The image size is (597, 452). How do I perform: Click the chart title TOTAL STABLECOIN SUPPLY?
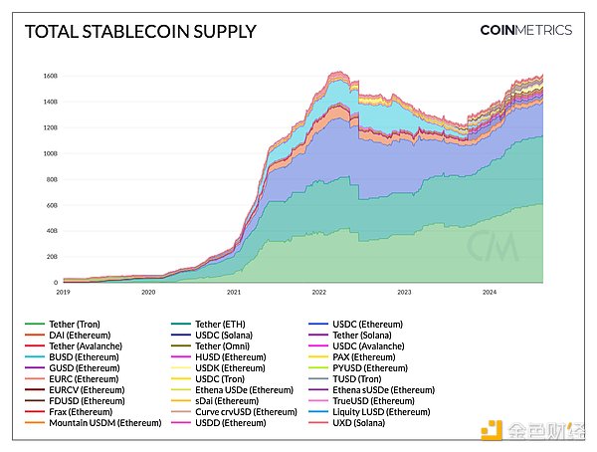139,32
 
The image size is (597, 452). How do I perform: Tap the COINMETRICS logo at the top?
525,31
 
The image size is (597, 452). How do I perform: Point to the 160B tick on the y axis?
50,76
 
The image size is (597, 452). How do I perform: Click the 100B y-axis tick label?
50,153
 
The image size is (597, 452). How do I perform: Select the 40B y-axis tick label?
52,231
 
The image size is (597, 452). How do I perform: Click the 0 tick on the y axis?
56,283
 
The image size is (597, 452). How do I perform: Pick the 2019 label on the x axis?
64,293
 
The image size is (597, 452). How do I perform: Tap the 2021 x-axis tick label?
234,293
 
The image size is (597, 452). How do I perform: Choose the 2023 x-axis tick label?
404,293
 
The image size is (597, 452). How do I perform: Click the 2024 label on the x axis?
490,293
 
